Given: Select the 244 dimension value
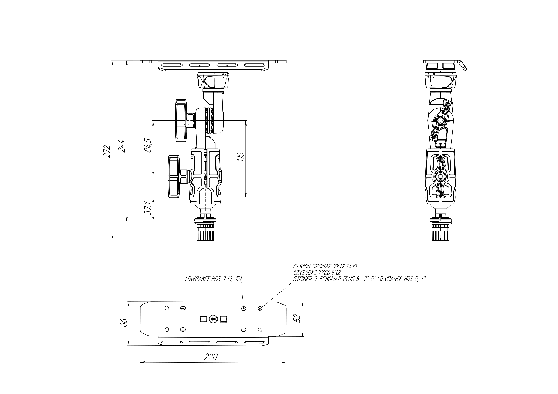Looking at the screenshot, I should pyautogui.click(x=122, y=146).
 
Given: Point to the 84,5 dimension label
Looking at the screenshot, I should pyautogui.click(x=149, y=145).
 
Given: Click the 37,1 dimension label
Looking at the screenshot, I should pyautogui.click(x=149, y=208).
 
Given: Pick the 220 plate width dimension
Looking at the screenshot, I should pyautogui.click(x=211, y=357).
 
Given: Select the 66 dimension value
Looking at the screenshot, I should pyautogui.click(x=124, y=323).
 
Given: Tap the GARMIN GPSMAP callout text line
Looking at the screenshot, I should pyautogui.click(x=325, y=265).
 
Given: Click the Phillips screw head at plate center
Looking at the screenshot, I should pyautogui.click(x=213, y=319).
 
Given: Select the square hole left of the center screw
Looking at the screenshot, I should pyautogui.click(x=203, y=319).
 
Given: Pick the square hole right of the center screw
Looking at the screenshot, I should pyautogui.click(x=224, y=319).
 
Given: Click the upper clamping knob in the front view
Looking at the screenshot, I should pyautogui.click(x=181, y=120).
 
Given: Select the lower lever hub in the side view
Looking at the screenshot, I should pyautogui.click(x=440, y=176).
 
